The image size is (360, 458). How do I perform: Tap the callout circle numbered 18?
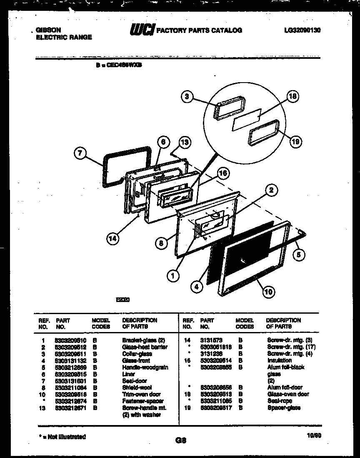[293, 97]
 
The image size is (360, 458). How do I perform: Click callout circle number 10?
[268, 292]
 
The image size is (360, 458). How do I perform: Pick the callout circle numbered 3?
[188, 97]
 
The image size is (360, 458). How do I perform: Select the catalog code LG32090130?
[302, 30]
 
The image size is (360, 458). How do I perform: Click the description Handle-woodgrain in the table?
[145, 367]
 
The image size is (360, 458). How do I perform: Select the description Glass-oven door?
[288, 394]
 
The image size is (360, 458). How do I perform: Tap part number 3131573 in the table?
[211, 340]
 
